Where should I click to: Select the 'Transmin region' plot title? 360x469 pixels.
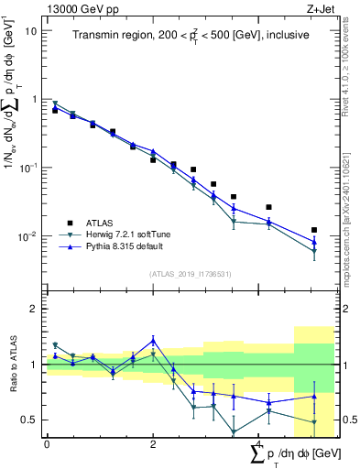coord(191,36)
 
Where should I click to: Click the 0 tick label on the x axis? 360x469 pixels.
coord(47,444)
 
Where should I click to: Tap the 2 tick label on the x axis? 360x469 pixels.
coord(153,444)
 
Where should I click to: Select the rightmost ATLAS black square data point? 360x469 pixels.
coord(314,230)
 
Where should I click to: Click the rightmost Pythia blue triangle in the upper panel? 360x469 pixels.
coord(314,241)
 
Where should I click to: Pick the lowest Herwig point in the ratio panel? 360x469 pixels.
coord(234,431)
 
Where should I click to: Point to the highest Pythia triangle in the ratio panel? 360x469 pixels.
coord(153,340)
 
